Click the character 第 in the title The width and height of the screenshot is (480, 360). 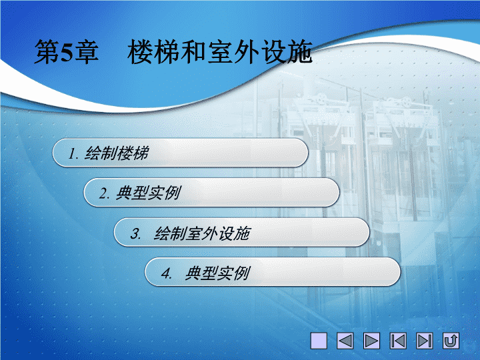point(47,52)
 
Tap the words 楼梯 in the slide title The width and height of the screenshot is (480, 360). point(153,52)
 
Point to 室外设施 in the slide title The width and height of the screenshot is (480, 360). point(260,52)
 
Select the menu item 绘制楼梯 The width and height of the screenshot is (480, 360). point(117,153)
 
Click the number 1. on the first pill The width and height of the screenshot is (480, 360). point(74,153)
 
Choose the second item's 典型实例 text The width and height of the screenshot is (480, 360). point(149,193)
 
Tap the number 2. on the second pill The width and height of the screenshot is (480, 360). point(104,193)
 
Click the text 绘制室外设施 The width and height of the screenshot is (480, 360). point(202,233)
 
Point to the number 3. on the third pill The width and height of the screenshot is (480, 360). point(135,234)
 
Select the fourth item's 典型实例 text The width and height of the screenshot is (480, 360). point(217,273)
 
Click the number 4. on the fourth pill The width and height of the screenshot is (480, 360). point(167,273)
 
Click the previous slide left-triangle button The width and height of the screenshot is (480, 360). point(345,341)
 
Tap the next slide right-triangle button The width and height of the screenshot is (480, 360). point(371,341)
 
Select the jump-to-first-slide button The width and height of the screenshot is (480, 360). point(398,341)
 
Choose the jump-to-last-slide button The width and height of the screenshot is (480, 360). point(425,341)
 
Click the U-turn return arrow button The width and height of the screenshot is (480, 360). point(451,341)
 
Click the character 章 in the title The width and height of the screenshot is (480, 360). point(87,52)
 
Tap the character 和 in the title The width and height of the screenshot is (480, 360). point(194,52)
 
